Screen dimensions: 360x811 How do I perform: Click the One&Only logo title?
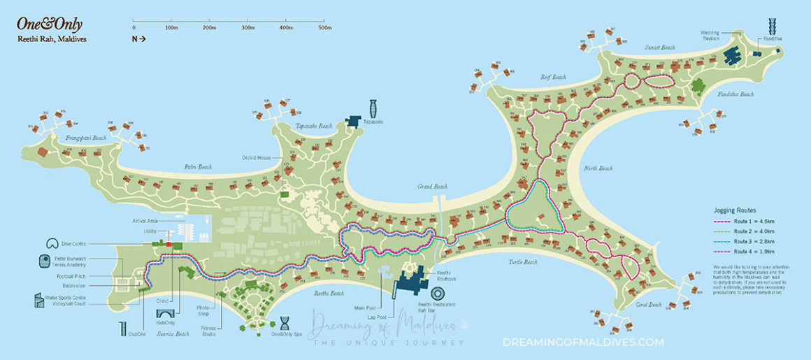(41, 23)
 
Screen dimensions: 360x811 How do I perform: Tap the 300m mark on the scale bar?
(247, 28)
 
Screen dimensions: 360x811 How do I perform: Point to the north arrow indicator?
(138, 39)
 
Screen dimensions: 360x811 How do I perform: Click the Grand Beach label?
(432, 187)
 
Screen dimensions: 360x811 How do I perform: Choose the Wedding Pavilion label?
(710, 36)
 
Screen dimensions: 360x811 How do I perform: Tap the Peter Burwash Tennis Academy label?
(71, 262)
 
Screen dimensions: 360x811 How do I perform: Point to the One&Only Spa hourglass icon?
(285, 324)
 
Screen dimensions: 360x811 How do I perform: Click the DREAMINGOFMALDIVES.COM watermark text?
(583, 342)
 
